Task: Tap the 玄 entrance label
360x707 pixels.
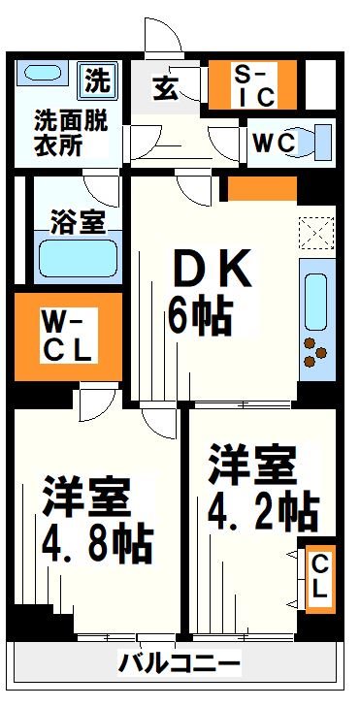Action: click(x=165, y=88)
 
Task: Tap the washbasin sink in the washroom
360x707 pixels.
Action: click(x=41, y=76)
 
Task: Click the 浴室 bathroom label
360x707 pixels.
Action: click(x=77, y=221)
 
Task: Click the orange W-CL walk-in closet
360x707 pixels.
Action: click(x=66, y=335)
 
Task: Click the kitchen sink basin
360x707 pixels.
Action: click(x=315, y=302)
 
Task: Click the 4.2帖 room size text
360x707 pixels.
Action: click(x=263, y=508)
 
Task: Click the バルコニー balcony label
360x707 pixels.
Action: click(x=180, y=664)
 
